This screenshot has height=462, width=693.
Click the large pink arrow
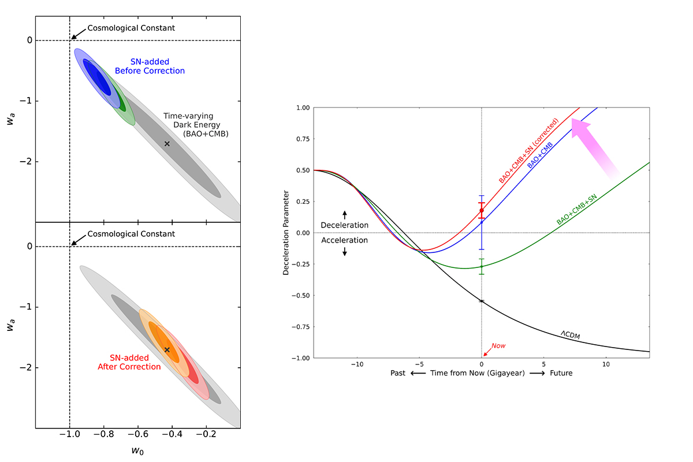[x=595, y=147]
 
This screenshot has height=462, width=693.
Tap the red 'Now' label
[x=498, y=346]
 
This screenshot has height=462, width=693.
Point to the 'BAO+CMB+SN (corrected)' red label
[x=529, y=151]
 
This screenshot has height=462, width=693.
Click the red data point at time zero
[x=482, y=210]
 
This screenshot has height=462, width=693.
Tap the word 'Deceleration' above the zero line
[x=345, y=225]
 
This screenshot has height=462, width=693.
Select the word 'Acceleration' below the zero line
[x=345, y=240]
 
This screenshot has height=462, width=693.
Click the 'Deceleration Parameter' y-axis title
[x=286, y=232]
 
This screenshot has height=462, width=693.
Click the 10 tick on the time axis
[x=606, y=365]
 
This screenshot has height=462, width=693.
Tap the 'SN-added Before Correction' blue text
[x=150, y=66]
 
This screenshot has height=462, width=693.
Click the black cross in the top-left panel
[x=167, y=143]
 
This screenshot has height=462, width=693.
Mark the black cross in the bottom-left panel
[x=167, y=349]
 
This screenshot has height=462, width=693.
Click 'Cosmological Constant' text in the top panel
[x=131, y=28]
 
